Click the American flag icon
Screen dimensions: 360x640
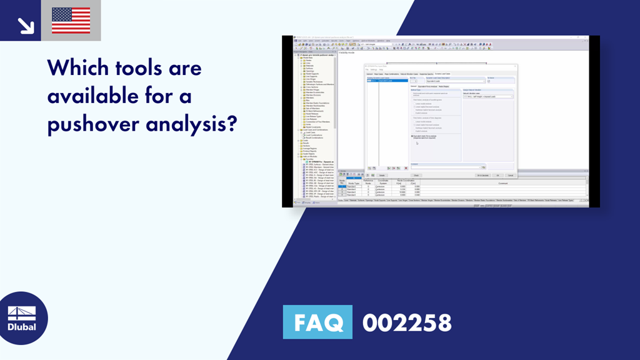point(71,21)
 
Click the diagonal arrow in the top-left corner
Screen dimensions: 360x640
point(25,24)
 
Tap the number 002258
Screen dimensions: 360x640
point(407,323)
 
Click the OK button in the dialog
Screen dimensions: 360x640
point(497,175)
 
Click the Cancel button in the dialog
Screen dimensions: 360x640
point(509,175)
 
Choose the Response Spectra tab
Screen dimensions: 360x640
point(426,74)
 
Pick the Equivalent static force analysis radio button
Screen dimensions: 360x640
point(412,136)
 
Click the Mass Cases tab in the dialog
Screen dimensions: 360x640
point(379,74)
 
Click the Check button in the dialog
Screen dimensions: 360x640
point(417,175)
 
